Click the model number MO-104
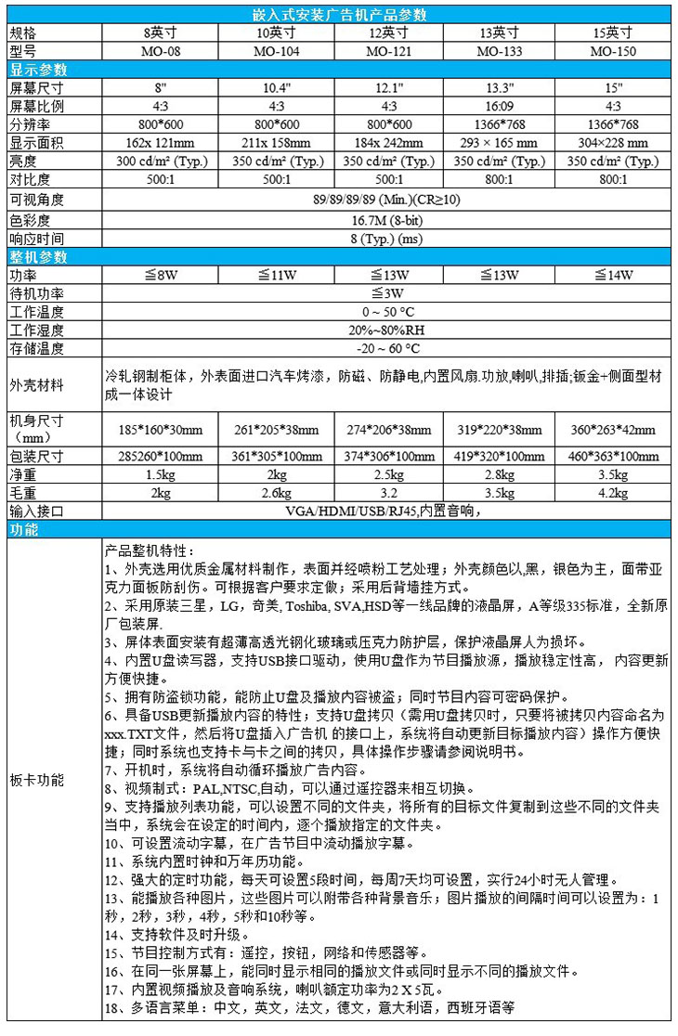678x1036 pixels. pos(278,51)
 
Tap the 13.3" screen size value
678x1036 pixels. pos(499,87)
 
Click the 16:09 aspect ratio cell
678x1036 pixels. pos(499,106)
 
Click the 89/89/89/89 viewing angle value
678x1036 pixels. pos(389,200)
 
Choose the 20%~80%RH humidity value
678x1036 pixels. pos(389,330)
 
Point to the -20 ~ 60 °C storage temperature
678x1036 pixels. pos(389,349)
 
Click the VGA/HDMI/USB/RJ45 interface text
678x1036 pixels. pos(389,510)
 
